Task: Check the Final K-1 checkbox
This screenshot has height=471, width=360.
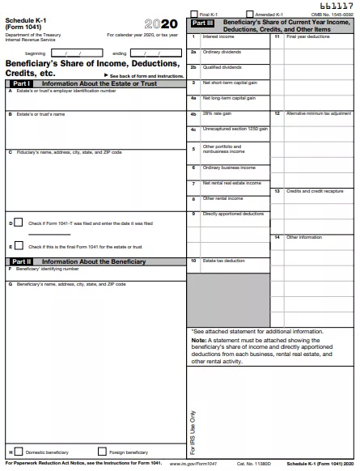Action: click(x=193, y=14)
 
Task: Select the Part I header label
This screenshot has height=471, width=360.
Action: click(x=21, y=83)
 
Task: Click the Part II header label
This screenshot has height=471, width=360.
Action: click(x=21, y=261)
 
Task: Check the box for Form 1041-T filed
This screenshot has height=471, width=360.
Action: click(x=18, y=222)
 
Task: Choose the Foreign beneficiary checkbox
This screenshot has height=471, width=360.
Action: click(x=102, y=451)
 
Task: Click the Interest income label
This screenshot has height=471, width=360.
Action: click(x=218, y=36)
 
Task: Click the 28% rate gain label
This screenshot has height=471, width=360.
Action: click(x=217, y=113)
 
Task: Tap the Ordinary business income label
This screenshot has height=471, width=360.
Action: click(x=228, y=168)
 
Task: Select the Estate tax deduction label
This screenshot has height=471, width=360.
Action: click(x=223, y=261)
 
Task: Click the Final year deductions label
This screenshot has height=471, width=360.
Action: click(x=308, y=36)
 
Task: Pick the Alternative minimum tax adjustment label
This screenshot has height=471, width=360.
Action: click(x=318, y=113)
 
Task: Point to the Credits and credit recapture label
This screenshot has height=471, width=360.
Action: click(x=314, y=191)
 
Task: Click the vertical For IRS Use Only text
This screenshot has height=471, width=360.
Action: click(x=193, y=431)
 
